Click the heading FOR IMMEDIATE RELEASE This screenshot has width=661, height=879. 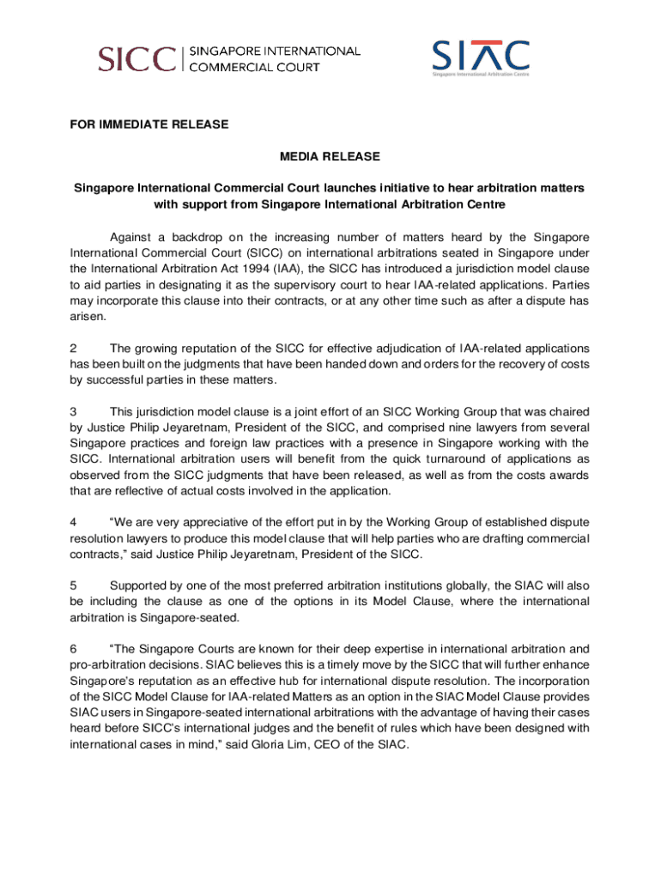(x=149, y=124)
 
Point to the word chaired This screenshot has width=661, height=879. (x=567, y=411)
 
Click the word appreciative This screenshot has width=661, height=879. (x=201, y=523)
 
